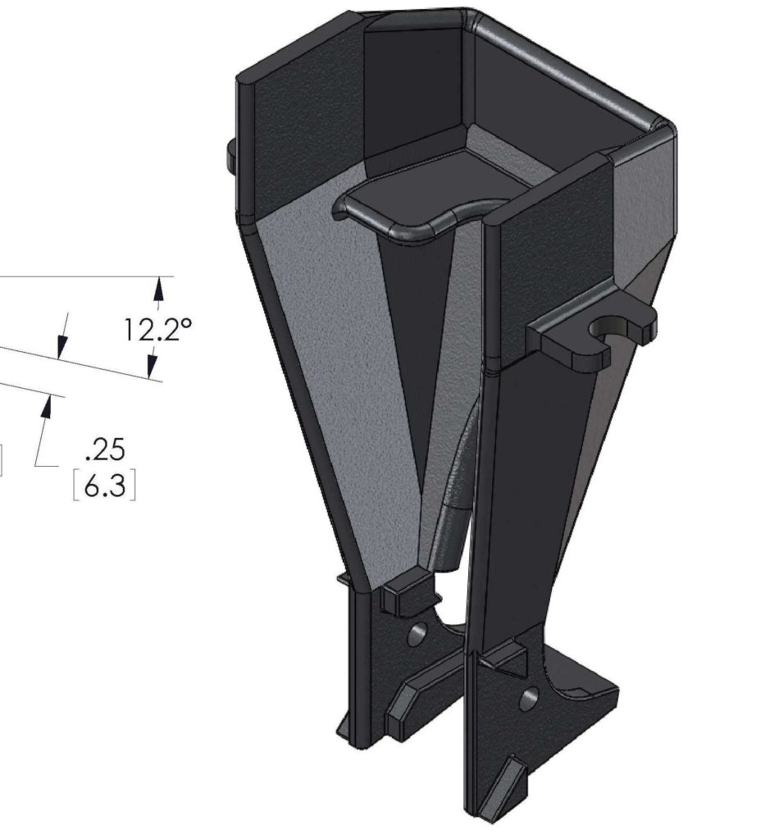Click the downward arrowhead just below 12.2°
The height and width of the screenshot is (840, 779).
(x=153, y=368)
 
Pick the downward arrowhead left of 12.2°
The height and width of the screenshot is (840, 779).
(x=60, y=348)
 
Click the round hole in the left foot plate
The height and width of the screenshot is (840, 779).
(x=417, y=632)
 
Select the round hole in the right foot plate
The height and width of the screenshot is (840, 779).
(x=529, y=699)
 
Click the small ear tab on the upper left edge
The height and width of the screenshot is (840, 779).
(x=230, y=151)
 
